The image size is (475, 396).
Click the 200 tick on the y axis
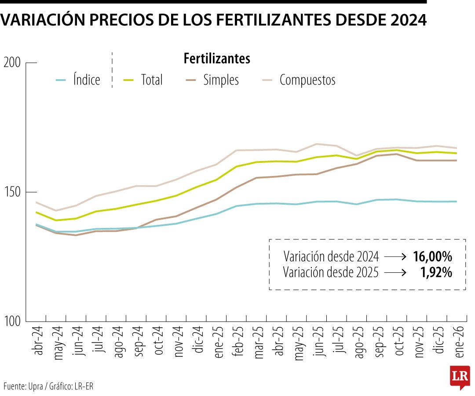point(12,63)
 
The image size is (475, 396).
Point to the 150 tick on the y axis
point(12,192)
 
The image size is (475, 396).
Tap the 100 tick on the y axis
point(12,322)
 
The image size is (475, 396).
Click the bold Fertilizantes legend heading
point(217,59)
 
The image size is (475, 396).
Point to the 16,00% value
point(432,257)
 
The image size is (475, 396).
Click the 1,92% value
point(436,273)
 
